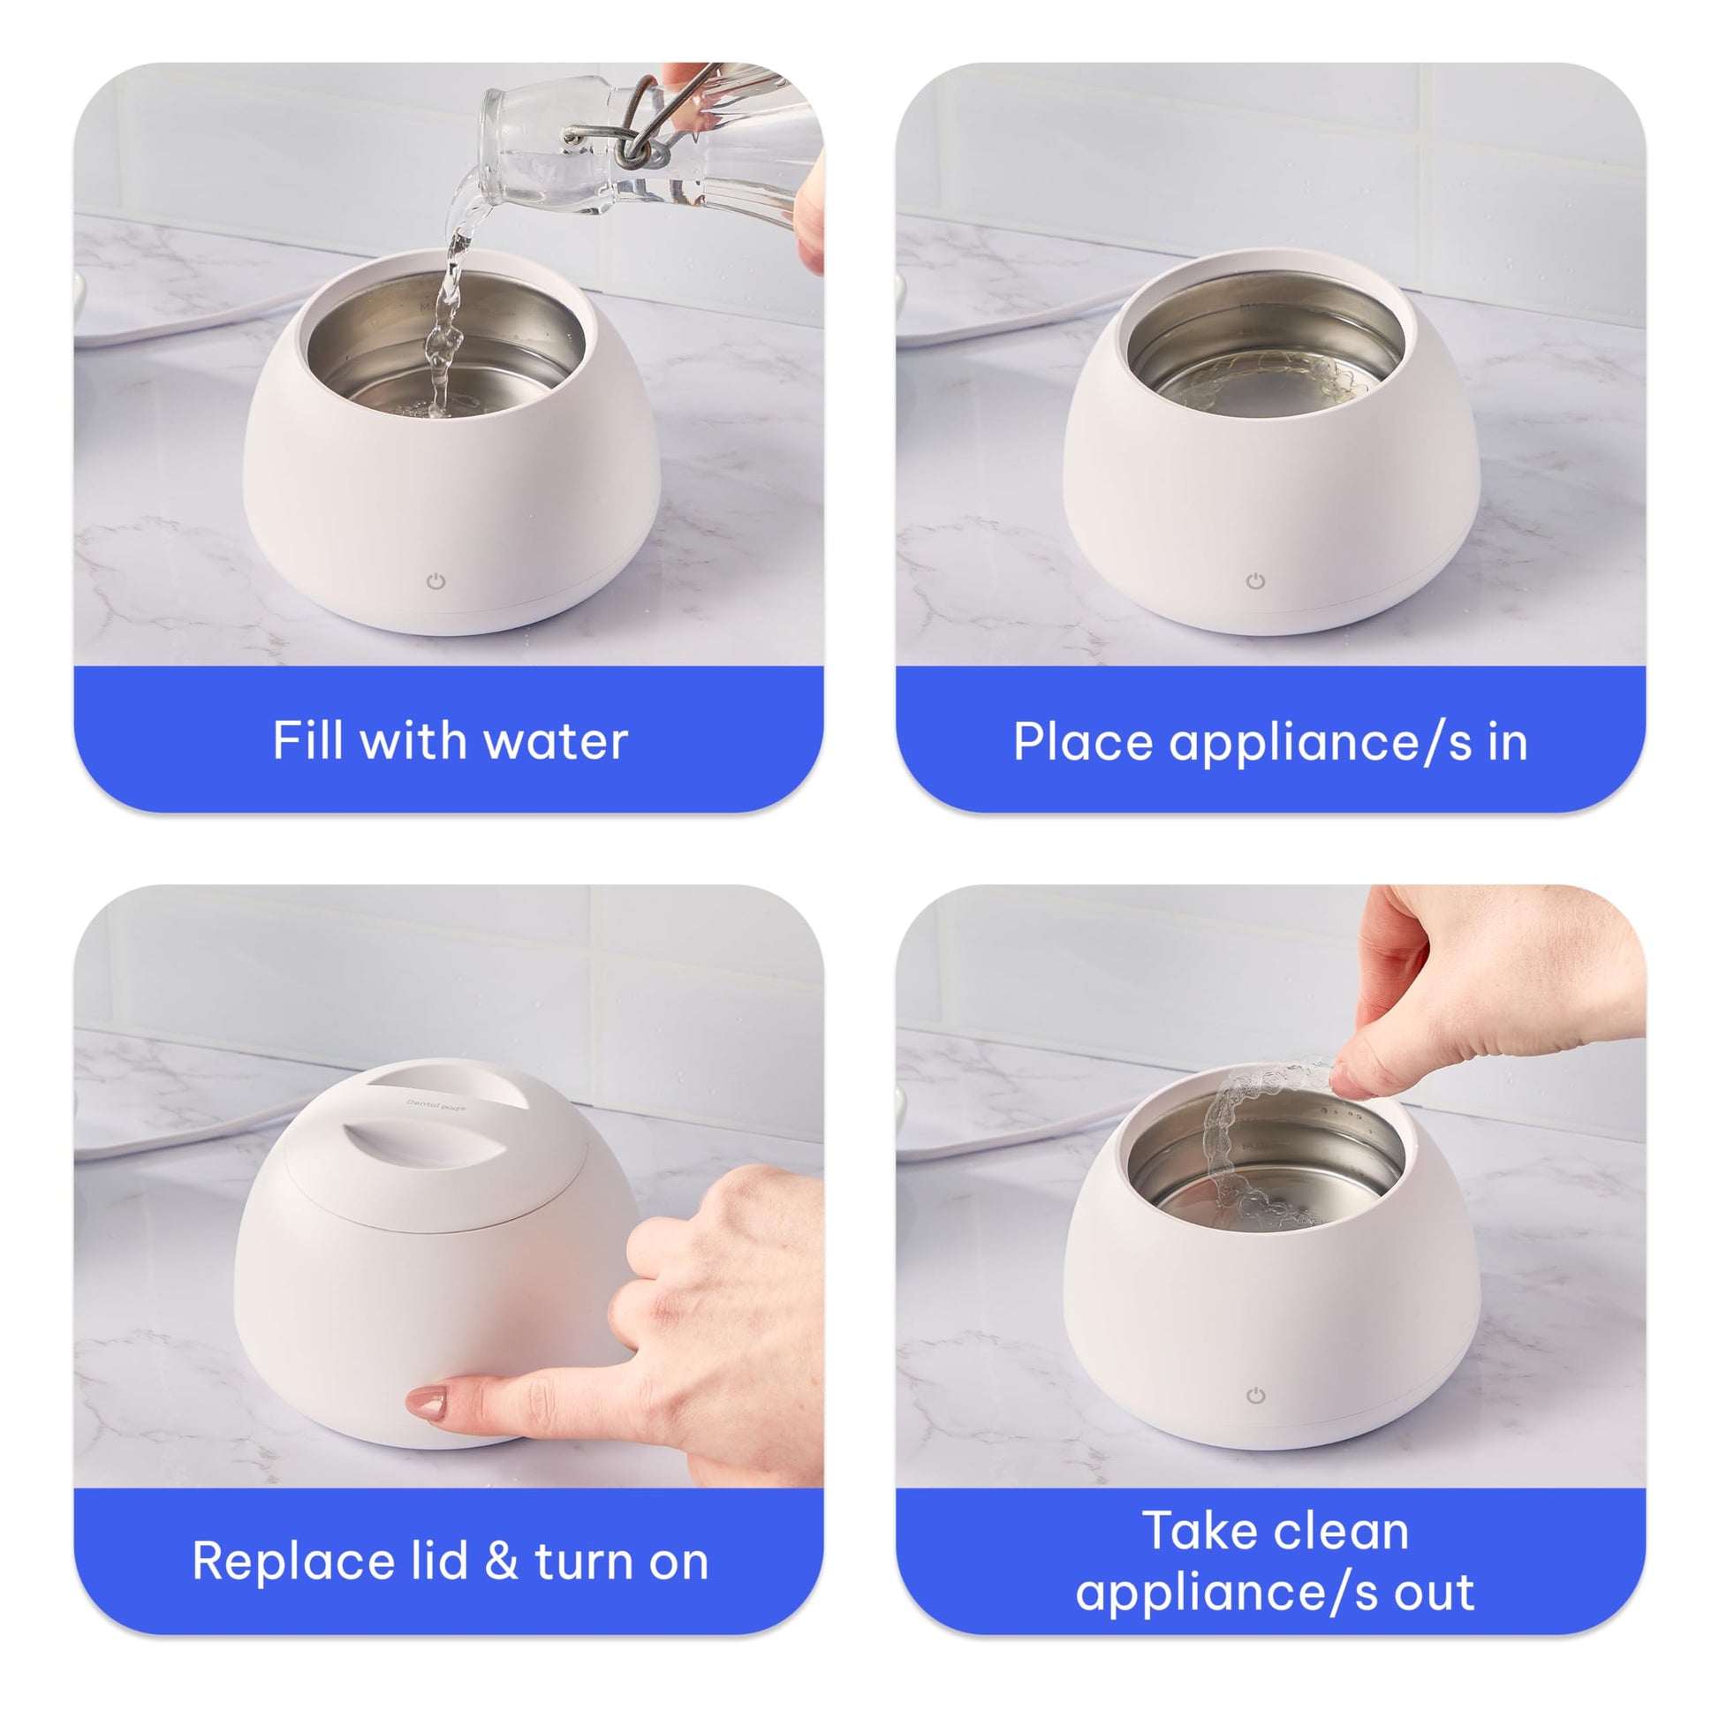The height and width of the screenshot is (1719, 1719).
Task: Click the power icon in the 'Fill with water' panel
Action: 435,582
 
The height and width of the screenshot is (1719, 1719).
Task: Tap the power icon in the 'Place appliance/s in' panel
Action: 1255,582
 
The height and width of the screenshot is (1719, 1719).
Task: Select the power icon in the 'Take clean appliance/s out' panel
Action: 1255,1396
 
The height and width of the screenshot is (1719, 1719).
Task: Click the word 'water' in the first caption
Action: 557,741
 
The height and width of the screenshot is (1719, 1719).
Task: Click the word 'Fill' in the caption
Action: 308,739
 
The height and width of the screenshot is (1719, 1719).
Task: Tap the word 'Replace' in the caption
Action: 292,1562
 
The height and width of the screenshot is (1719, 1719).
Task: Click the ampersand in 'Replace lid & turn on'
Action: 501,1562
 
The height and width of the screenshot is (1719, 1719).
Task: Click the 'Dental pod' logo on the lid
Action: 432,1107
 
